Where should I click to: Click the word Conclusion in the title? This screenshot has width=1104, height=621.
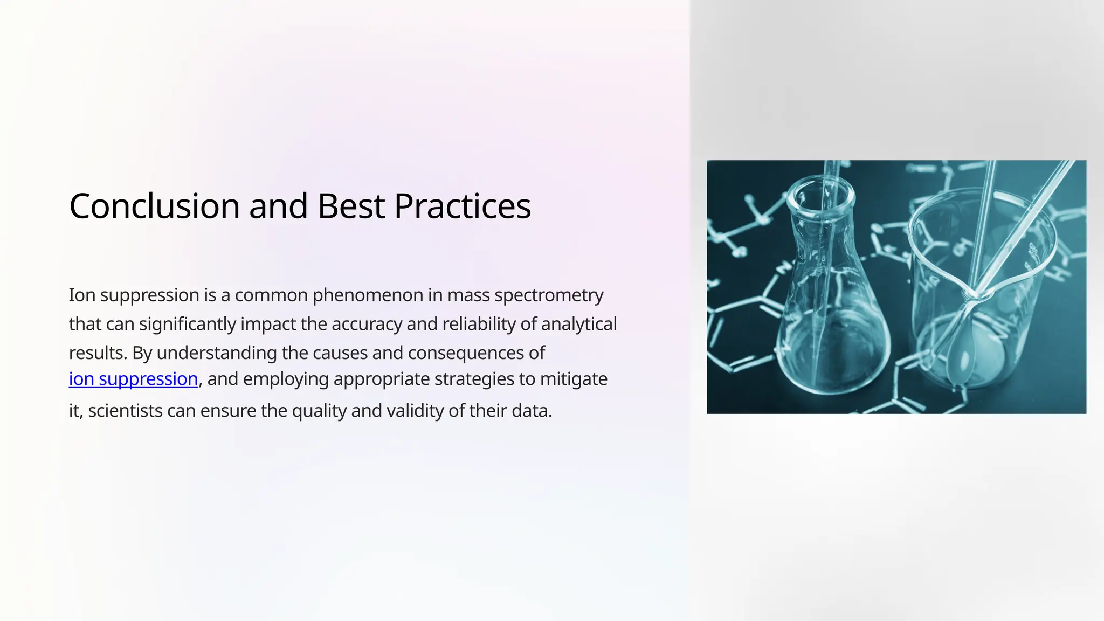154,206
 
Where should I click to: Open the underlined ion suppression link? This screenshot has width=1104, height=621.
133,379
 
